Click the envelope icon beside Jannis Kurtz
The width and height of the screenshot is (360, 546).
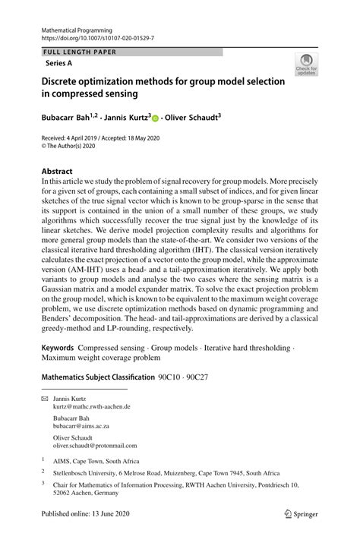[x=44, y=399]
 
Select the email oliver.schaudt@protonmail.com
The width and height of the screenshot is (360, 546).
[x=95, y=446]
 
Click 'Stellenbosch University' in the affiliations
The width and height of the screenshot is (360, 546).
[x=84, y=472]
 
